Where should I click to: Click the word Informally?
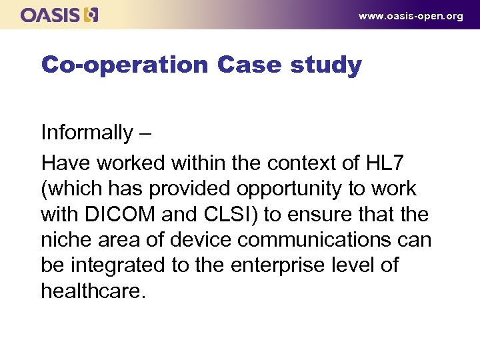click(87, 133)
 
